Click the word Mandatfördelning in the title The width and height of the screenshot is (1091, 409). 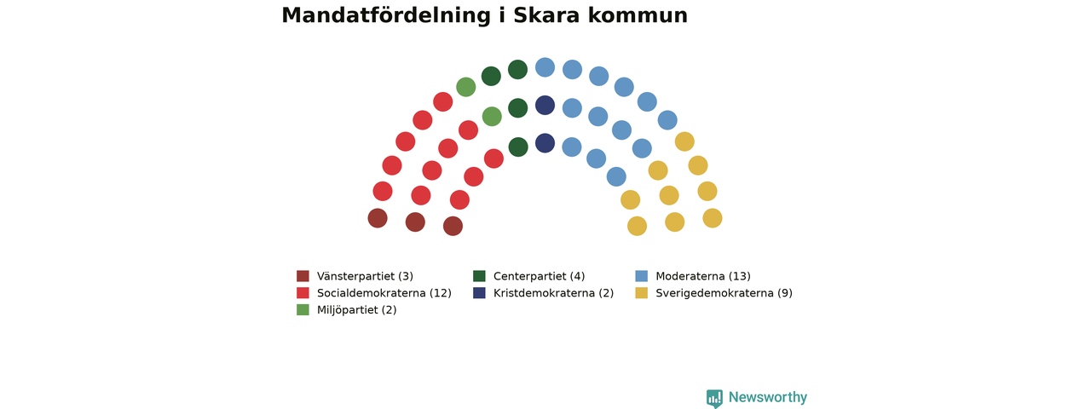coord(386,15)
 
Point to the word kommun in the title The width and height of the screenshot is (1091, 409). coord(638,15)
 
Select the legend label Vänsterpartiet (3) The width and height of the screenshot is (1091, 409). coord(365,276)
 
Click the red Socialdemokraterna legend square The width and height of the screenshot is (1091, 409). coord(303,292)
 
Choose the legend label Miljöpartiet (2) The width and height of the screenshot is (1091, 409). coord(356,309)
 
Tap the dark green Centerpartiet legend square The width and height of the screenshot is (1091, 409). coord(479,276)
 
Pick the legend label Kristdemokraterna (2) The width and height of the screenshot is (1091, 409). coord(553,293)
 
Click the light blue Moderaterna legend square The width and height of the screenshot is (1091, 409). coord(642,276)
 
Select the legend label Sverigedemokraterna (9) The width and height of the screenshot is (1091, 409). coord(724,293)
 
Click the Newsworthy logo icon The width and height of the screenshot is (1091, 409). coord(714,398)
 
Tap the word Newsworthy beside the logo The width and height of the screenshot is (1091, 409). coord(768,397)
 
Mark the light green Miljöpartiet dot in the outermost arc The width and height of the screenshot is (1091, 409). coord(465,87)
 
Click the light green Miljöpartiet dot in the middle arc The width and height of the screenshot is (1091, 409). coord(492,117)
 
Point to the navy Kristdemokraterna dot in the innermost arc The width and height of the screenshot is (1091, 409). coord(545,143)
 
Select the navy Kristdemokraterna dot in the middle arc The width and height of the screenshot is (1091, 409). coord(545,105)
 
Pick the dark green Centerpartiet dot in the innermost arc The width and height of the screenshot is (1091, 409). coord(518,147)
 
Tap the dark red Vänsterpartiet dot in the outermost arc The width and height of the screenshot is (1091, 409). coord(378,218)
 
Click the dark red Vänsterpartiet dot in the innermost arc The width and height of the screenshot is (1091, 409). coord(453,226)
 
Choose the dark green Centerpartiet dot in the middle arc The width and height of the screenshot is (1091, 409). coord(517,108)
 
